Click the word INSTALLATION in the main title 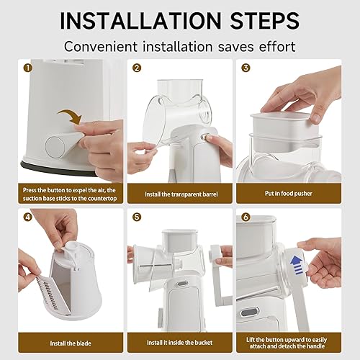click(140, 20)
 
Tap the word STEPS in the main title click(265, 20)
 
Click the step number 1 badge click(28, 68)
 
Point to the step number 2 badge click(137, 68)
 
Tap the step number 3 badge click(246, 68)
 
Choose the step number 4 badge click(28, 217)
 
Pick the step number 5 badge click(137, 217)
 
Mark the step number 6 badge click(246, 217)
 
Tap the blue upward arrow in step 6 click(297, 265)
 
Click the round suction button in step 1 click(55, 146)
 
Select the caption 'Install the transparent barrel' click(181, 194)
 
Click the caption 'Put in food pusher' click(289, 194)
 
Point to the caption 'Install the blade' click(71, 343)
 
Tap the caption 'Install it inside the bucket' click(180, 343)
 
